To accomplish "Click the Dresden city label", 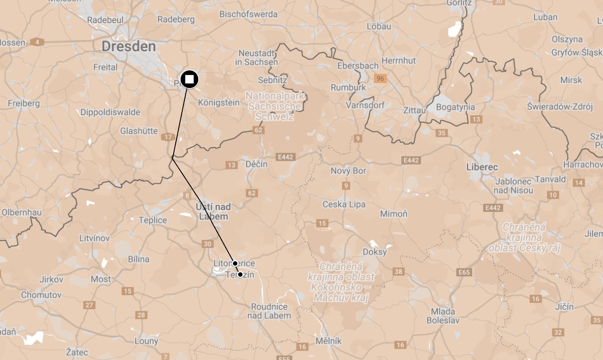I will pos(129,46).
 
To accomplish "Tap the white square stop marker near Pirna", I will pos(189,79).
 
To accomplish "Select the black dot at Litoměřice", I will pos(235,263).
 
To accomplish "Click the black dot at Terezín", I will pos(240,275).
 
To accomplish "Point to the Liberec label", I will pos(482,167).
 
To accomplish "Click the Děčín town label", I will pos(257,164).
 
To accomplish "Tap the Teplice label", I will pos(153,220).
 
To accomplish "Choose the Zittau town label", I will pos(414,110).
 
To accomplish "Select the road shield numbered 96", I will pos(380,78).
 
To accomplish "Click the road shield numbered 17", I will pos(168,137).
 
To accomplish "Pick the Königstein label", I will pos(219,102).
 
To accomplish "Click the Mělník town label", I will pos(328,341).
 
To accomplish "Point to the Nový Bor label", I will pos(348,171).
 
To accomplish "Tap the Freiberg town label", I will pos(24,103).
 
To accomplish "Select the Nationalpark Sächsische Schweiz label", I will pos(275,106).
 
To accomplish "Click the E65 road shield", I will pos(464,272).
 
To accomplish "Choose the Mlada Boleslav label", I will pos(443,316).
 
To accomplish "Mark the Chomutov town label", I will pos(41,295).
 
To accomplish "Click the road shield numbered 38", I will pos(398,272).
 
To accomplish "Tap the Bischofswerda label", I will pos(248,14).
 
